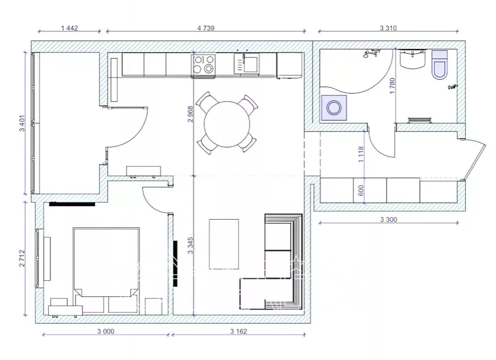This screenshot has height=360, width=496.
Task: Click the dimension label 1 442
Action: (69, 28)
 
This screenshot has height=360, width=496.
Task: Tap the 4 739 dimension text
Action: (206, 28)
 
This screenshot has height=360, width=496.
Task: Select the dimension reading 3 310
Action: (388, 28)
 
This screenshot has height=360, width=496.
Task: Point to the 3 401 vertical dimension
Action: (22, 123)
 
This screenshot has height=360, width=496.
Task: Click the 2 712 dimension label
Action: (22, 258)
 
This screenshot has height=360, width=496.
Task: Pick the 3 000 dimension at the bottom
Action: (106, 331)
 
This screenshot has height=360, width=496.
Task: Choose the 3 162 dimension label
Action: (238, 331)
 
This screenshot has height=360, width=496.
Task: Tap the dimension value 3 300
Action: (388, 220)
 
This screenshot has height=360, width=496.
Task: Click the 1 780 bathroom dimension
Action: (392, 86)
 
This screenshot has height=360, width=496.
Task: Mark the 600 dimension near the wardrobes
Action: (361, 190)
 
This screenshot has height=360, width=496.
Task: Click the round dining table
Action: (227, 124)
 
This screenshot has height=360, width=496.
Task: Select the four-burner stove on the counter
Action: (203, 65)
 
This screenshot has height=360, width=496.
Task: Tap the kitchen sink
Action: (246, 63)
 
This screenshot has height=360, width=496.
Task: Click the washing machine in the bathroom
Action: (334, 108)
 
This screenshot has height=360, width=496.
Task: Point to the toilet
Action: (439, 65)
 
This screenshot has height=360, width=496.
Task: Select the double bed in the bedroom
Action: (106, 262)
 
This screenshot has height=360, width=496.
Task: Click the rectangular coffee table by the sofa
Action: (224, 244)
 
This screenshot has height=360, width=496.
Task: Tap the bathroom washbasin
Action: (413, 59)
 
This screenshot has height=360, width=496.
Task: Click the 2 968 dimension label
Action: (190, 114)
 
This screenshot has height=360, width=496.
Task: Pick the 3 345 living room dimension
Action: (190, 245)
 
